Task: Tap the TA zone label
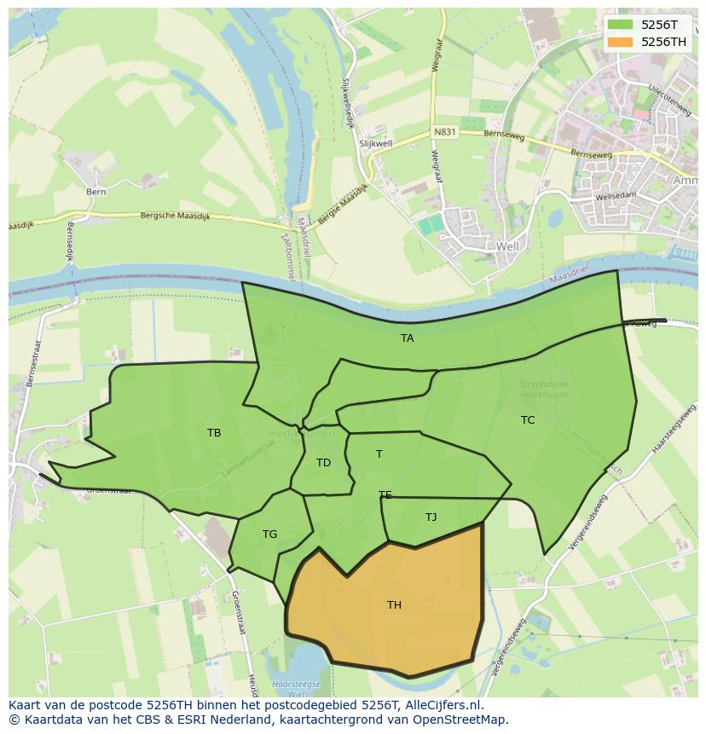408,338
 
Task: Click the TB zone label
214,433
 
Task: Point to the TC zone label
528,420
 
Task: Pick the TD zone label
323,463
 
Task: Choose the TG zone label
269,535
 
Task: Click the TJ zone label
431,517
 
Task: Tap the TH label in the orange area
394,605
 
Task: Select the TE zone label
385,495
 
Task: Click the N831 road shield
444,132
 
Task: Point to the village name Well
506,246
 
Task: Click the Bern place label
95,192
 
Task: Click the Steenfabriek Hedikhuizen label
543,390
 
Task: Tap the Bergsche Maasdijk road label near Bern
171,217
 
